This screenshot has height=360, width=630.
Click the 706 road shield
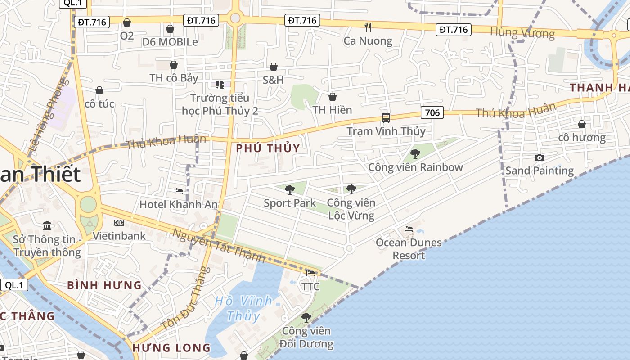432,112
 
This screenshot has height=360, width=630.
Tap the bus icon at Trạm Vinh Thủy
386,118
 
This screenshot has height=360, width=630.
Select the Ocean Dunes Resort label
409,249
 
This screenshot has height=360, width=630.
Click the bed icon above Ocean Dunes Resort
409,229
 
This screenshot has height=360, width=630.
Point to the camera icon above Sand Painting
539,157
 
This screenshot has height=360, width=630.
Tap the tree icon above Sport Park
290,190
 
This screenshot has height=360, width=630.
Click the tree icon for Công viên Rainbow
415,154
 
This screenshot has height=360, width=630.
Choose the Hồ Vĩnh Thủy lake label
243,308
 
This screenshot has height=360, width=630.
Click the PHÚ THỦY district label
268,148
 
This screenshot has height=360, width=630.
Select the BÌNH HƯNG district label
104,285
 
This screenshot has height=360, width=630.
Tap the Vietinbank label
119,236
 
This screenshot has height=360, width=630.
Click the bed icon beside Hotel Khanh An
179,191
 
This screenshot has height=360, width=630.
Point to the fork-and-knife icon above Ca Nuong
368,27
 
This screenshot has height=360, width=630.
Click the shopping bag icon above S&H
273,67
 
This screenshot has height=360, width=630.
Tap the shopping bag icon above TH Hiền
333,97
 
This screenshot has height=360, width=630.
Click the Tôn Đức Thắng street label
185,298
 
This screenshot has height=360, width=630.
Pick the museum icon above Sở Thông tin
47,225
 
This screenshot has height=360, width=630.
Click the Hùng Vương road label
522,33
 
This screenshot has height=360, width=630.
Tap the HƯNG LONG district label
171,348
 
